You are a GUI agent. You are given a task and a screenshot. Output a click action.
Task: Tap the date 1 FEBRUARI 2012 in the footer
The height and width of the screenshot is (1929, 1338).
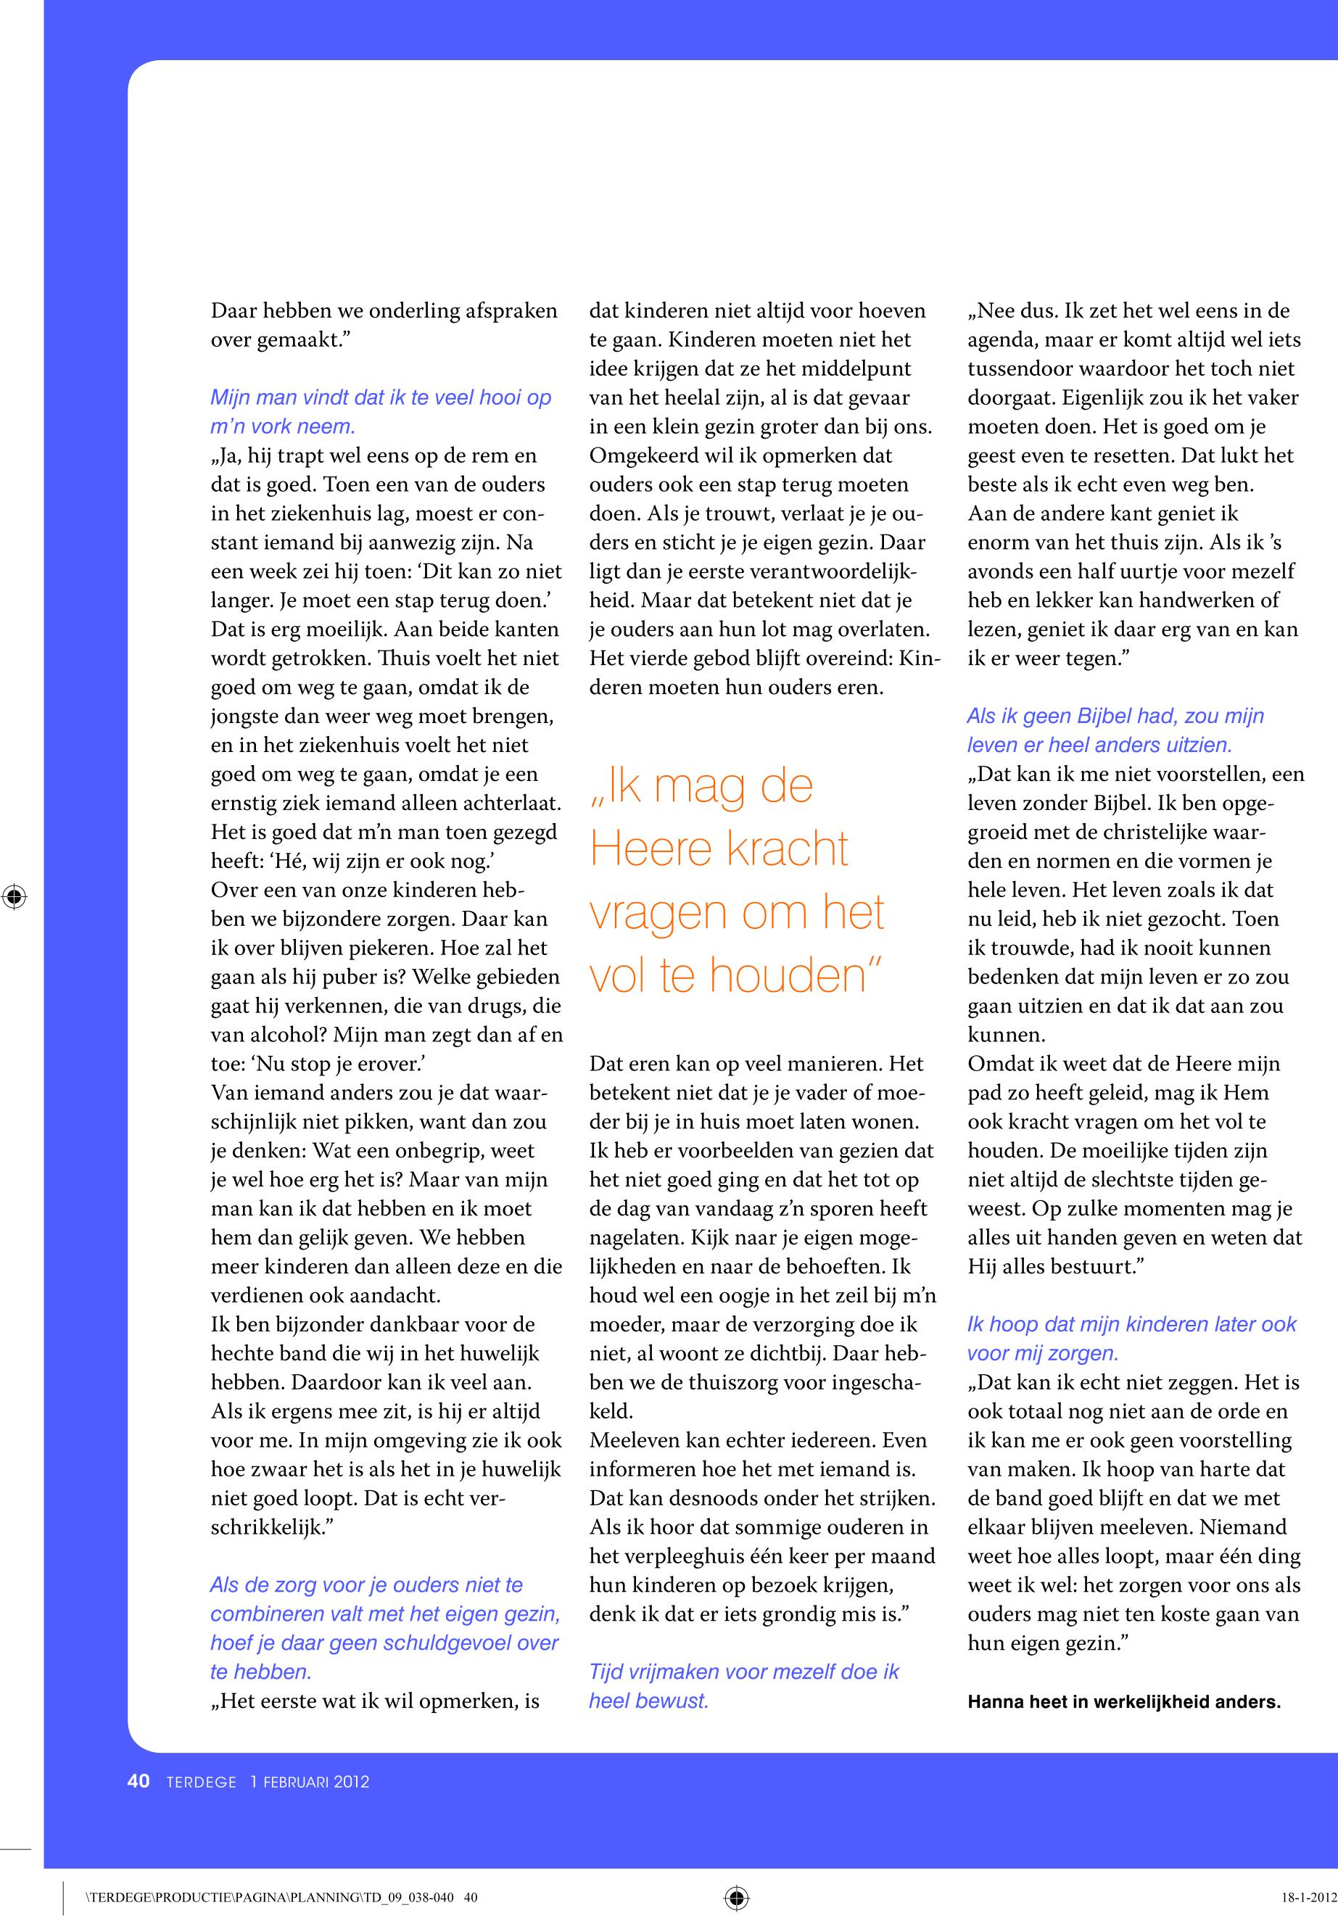pyautogui.click(x=310, y=1782)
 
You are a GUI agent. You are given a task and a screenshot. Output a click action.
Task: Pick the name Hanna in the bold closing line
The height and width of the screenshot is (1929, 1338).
pyautogui.click(x=994, y=1701)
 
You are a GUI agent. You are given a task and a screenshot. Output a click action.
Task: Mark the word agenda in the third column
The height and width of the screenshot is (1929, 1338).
pyautogui.click(x=999, y=339)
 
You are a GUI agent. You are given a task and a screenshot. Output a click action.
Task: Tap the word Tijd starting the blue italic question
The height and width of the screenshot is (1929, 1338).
pyautogui.click(x=607, y=1672)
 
